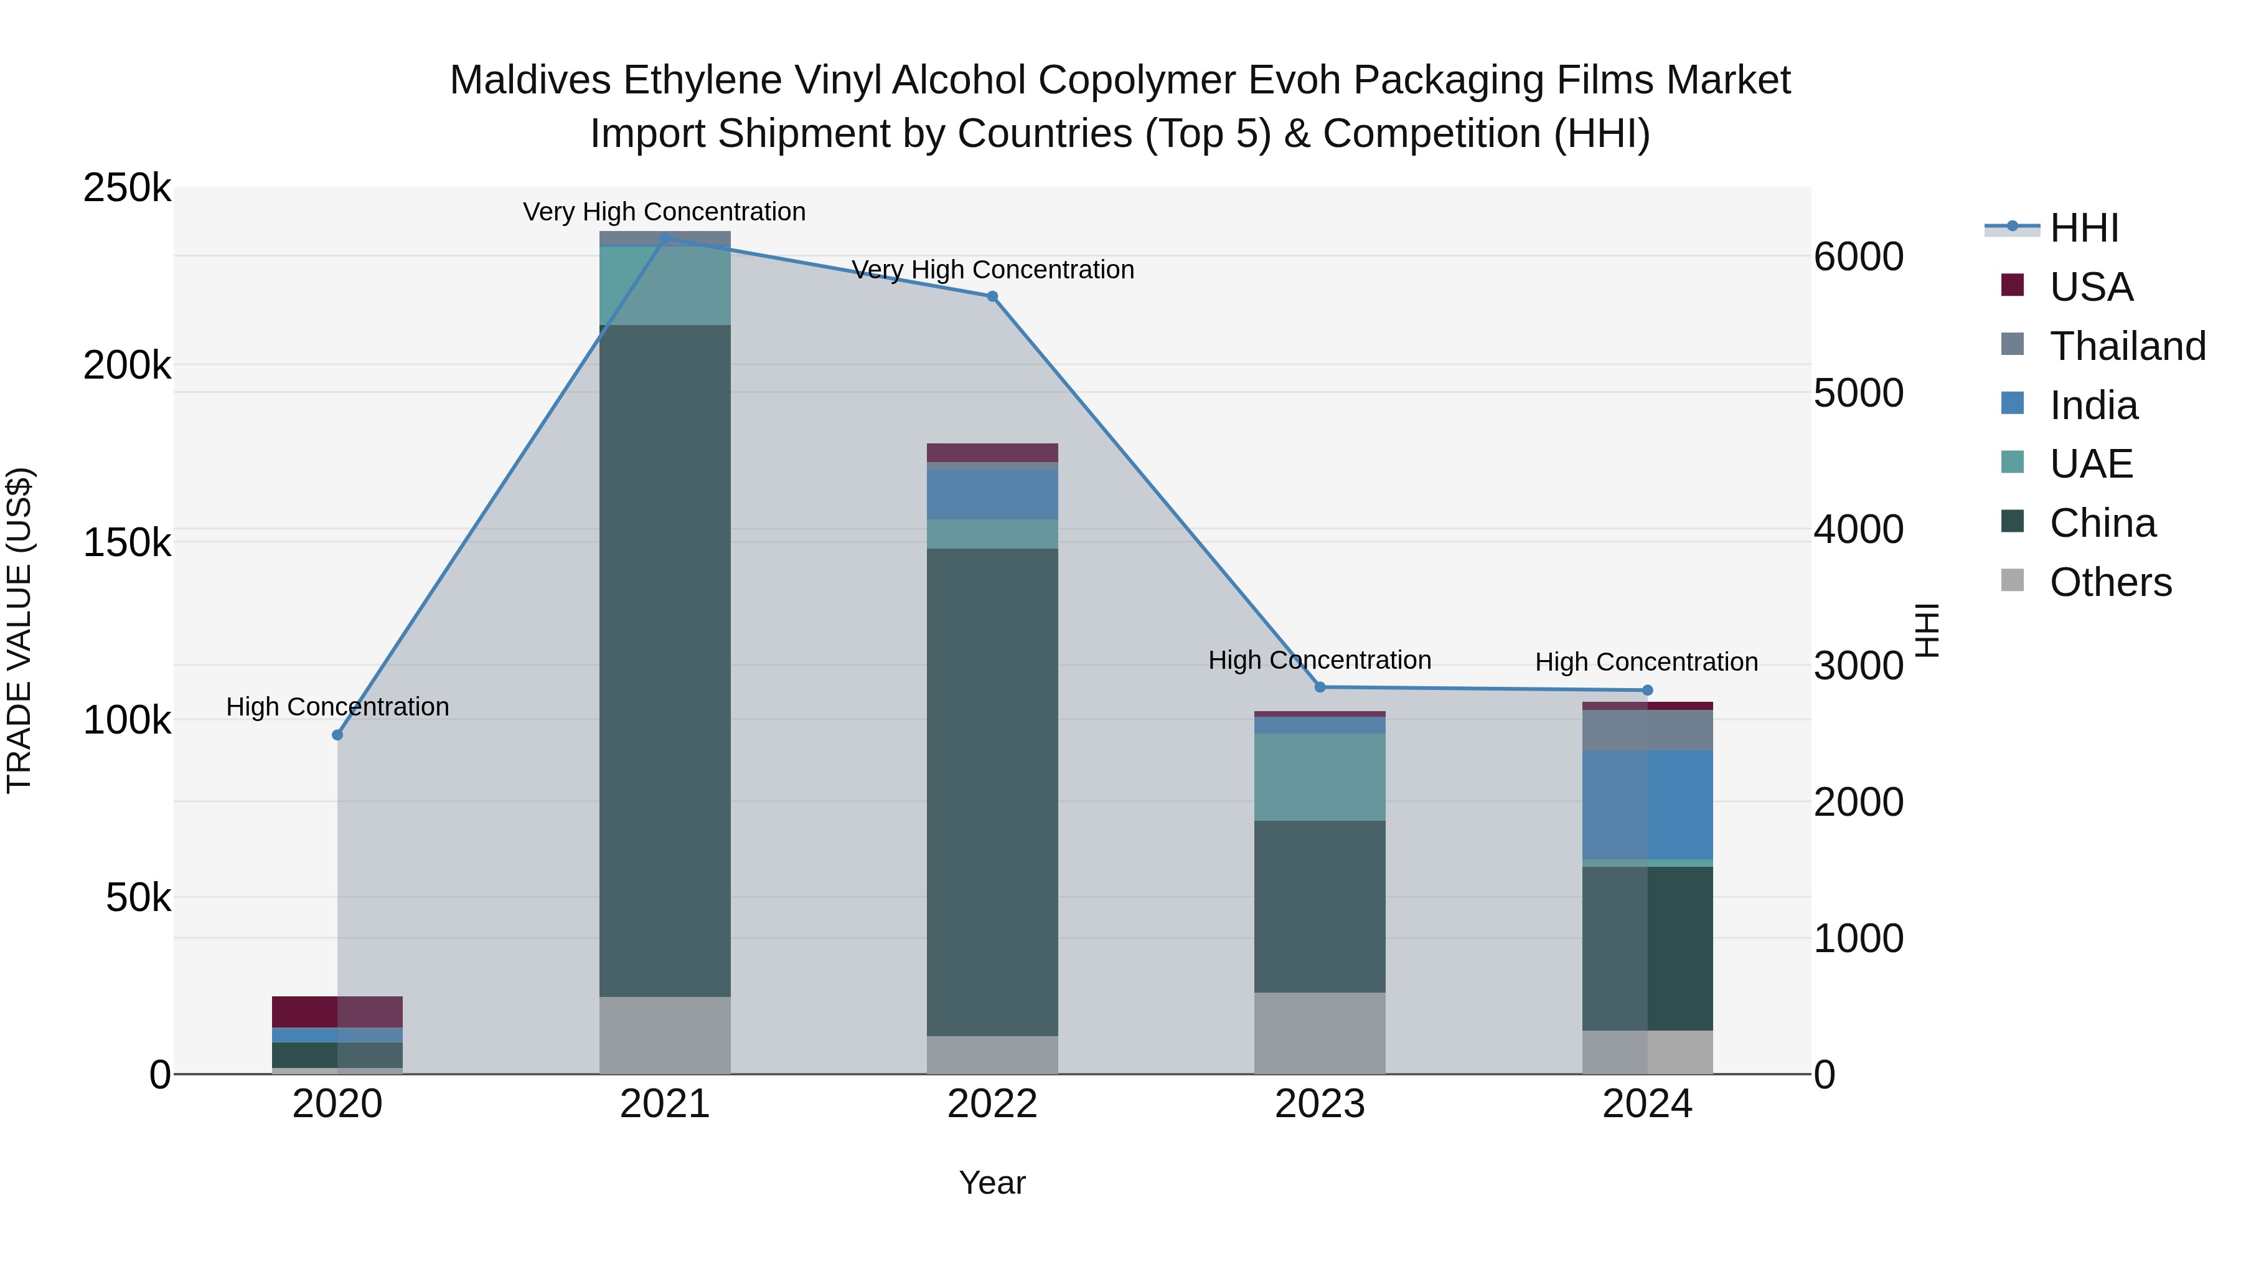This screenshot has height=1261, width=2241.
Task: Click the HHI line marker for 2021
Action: (665, 238)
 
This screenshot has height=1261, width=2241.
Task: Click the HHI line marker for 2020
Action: (337, 735)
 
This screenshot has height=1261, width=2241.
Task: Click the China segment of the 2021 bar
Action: (665, 661)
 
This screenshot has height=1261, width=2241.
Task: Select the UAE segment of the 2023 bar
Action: (1319, 777)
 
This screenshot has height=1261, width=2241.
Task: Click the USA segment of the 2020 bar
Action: (337, 1011)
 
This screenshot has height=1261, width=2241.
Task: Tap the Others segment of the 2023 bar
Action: (1319, 1033)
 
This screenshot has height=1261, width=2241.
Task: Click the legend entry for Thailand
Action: (2127, 346)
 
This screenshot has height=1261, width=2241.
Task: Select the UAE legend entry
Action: (2090, 464)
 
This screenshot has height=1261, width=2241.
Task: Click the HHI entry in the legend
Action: (2084, 228)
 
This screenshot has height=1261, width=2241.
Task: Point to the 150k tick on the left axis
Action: (127, 543)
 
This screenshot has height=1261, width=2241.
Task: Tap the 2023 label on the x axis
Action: (1319, 1104)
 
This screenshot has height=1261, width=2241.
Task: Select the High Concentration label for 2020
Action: (337, 707)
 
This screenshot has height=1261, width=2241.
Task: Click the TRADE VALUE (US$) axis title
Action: (19, 630)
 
